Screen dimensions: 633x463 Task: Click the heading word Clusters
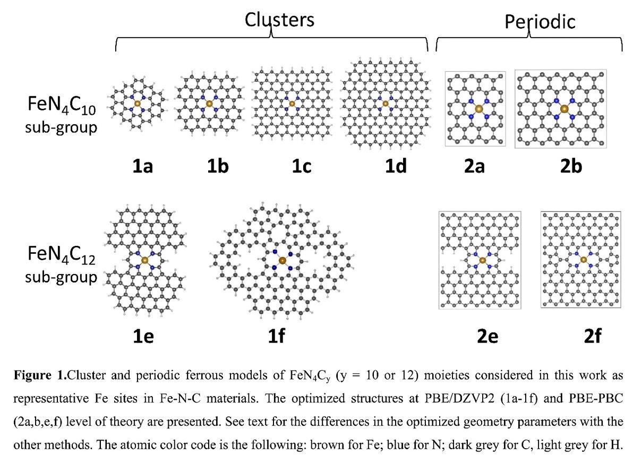pyautogui.click(x=279, y=19)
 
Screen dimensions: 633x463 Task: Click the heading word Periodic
pyautogui.click(x=540, y=21)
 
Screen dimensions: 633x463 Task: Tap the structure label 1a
pyautogui.click(x=142, y=166)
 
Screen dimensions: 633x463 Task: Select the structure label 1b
pyautogui.click(x=218, y=166)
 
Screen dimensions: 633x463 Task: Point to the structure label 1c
pyautogui.click(x=302, y=166)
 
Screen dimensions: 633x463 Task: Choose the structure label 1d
pyautogui.click(x=396, y=166)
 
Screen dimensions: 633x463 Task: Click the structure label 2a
pyautogui.click(x=474, y=166)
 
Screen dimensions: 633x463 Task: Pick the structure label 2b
pyautogui.click(x=571, y=166)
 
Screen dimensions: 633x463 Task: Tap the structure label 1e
pyautogui.click(x=143, y=336)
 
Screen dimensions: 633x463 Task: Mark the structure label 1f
pyautogui.click(x=276, y=336)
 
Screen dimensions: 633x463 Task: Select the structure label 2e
pyautogui.click(x=487, y=336)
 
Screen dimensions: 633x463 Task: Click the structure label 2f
pyautogui.click(x=592, y=336)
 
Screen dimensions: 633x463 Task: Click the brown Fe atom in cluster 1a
pyautogui.click(x=137, y=104)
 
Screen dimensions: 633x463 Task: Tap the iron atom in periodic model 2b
pyautogui.click(x=564, y=109)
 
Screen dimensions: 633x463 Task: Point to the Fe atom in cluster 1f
pyautogui.click(x=282, y=260)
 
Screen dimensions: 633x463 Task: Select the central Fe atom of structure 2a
pyautogui.click(x=479, y=109)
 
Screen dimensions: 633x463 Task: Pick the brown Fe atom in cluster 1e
pyautogui.click(x=145, y=260)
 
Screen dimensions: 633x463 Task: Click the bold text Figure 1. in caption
pyautogui.click(x=40, y=375)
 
